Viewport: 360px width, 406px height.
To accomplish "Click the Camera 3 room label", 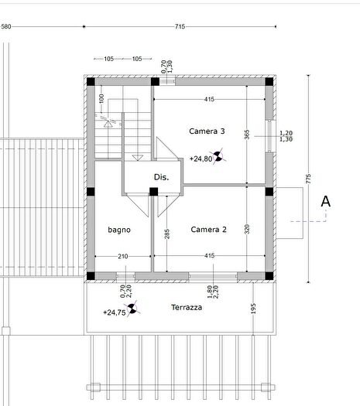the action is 207,131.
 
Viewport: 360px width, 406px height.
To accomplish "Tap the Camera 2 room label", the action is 208,230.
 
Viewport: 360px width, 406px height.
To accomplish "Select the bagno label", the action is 119,230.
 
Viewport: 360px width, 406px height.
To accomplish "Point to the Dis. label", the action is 161,177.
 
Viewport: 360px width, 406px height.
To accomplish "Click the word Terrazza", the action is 187,307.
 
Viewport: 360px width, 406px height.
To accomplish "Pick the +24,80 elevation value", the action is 201,159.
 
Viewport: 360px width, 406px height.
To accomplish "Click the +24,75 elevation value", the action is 115,312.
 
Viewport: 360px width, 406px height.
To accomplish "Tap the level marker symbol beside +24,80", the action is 218,156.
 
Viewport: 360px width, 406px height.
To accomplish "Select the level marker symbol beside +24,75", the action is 132,309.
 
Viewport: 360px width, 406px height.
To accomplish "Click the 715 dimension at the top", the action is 180,26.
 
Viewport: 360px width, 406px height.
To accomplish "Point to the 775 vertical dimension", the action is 308,179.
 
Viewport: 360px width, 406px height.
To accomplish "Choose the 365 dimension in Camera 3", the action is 247,135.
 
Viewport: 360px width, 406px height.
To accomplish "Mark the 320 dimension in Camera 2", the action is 247,229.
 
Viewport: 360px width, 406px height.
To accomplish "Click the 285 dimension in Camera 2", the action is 167,234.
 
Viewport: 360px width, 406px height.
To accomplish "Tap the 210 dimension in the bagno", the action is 123,256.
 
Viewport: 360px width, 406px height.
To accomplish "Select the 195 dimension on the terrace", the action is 253,309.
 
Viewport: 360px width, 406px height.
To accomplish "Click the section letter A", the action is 325,201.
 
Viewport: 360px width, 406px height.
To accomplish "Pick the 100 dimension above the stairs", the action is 101,98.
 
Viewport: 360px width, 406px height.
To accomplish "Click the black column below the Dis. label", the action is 154,192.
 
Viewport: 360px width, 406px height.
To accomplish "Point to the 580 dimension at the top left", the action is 6,26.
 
